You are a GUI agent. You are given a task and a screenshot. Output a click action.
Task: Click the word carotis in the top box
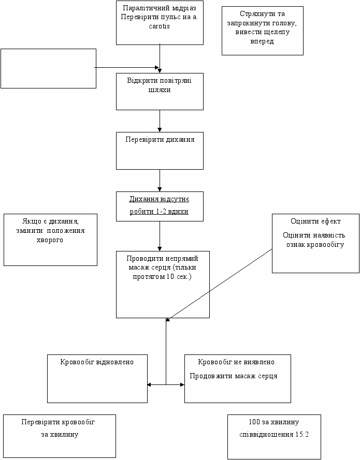click(x=159, y=26)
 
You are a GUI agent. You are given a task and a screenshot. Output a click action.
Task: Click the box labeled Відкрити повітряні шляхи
click(x=160, y=92)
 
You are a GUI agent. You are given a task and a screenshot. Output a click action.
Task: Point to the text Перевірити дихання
click(x=160, y=139)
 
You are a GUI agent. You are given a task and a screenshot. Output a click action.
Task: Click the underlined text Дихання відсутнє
click(x=159, y=199)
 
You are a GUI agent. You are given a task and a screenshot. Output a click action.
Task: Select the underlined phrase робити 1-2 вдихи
click(x=159, y=211)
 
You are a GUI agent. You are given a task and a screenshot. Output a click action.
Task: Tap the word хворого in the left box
click(x=50, y=240)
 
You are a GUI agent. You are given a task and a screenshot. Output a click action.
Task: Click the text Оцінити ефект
click(x=315, y=221)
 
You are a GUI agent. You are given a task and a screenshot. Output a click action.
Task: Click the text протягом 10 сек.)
click(x=162, y=277)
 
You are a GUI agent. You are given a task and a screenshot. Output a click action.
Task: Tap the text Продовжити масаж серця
click(x=234, y=376)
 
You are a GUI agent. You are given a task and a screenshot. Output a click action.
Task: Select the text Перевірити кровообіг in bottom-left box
click(x=58, y=422)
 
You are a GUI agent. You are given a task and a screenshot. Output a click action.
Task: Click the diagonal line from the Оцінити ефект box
click(x=219, y=285)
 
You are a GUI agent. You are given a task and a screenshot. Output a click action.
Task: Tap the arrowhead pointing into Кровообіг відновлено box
click(x=149, y=384)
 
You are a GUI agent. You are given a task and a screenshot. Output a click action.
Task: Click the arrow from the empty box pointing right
click(x=126, y=67)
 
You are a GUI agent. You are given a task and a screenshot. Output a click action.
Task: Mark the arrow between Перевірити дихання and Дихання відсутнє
click(x=160, y=181)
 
